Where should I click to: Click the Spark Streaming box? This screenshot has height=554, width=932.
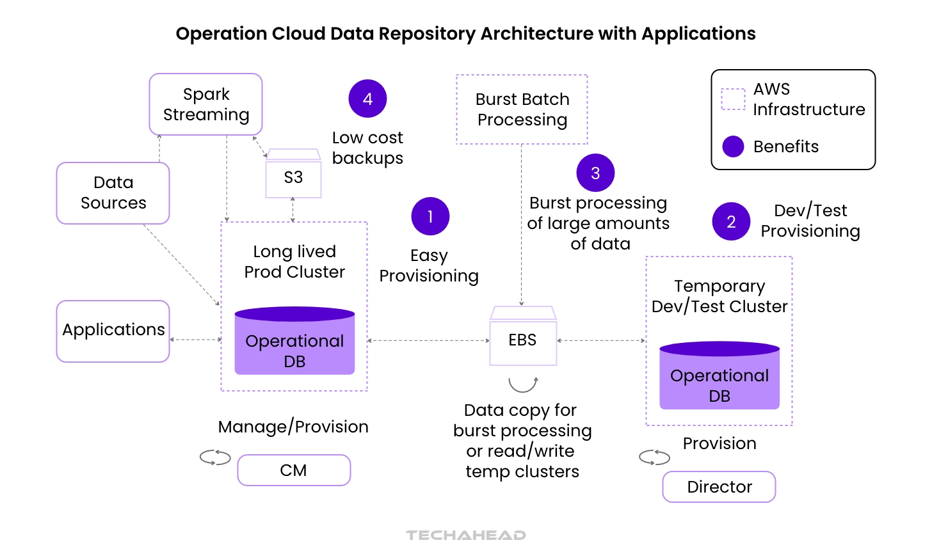click(205, 104)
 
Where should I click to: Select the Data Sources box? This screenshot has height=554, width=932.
click(113, 193)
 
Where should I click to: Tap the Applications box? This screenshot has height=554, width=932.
click(113, 331)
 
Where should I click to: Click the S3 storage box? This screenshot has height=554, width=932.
click(293, 177)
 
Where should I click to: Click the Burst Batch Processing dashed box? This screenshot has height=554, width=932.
click(522, 109)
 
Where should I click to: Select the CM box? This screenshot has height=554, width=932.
click(294, 470)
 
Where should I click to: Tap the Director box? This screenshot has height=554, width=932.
click(719, 487)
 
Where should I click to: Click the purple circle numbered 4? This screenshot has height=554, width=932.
click(367, 99)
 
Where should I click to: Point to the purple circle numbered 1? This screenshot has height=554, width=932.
click(430, 217)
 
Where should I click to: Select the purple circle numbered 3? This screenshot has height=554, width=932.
click(595, 173)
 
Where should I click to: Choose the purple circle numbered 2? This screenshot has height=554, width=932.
click(731, 221)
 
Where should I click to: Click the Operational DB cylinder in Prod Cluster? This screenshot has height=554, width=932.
click(294, 342)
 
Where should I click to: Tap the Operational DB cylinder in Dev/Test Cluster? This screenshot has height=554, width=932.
click(719, 377)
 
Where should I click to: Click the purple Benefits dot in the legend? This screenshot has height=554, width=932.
click(733, 146)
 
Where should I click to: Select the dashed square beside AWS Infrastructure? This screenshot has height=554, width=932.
click(733, 99)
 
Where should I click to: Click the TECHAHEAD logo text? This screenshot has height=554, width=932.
click(466, 535)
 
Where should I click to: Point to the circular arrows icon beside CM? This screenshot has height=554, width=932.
click(215, 457)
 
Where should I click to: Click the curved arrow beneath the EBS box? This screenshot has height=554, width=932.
click(523, 384)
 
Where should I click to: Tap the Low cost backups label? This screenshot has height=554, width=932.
click(367, 148)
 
